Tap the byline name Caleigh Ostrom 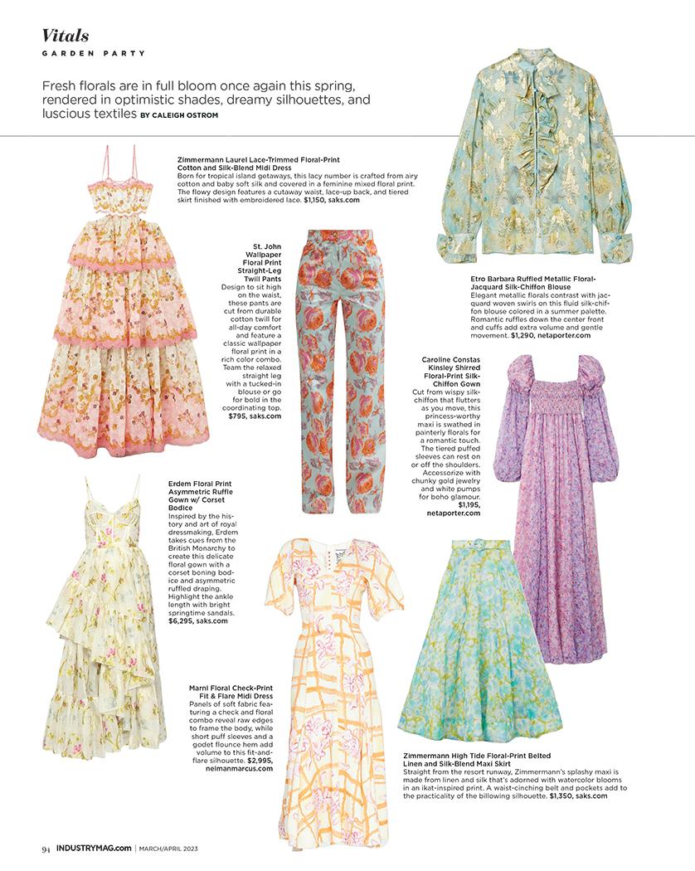click(x=189, y=114)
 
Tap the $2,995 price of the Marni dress click(x=257, y=759)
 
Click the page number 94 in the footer click(x=46, y=848)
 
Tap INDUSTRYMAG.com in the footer click(x=93, y=848)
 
